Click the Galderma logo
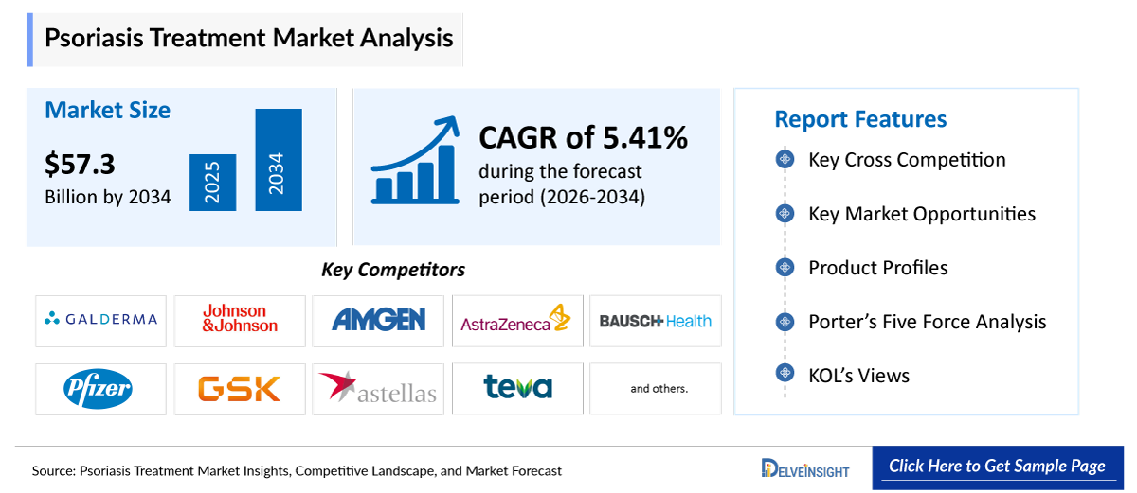pyautogui.click(x=100, y=320)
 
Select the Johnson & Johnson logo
pyautogui.click(x=240, y=319)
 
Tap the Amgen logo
pyautogui.click(x=378, y=320)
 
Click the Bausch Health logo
pyautogui.click(x=655, y=321)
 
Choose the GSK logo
pyautogui.click(x=240, y=388)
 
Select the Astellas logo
pyautogui.click(x=378, y=388)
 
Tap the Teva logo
pyautogui.click(x=517, y=387)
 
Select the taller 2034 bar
pyautogui.click(x=278, y=160)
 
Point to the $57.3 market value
pyautogui.click(x=80, y=165)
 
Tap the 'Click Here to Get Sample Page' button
pyautogui.click(x=997, y=467)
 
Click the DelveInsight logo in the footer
pyautogui.click(x=805, y=468)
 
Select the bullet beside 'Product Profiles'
pyautogui.click(x=785, y=268)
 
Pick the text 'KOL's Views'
pyautogui.click(x=858, y=376)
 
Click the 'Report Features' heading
pyautogui.click(x=860, y=119)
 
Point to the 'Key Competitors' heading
pyautogui.click(x=393, y=270)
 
